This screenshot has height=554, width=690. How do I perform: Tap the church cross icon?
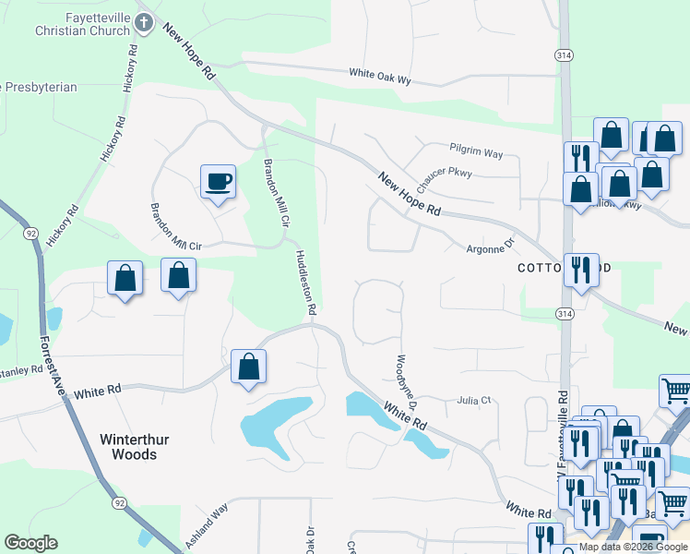pos(144,20)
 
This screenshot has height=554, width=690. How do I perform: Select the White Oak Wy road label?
pos(379,76)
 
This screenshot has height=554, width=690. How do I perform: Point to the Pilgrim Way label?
pos(476,148)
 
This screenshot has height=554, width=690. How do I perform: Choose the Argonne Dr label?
pos(488,247)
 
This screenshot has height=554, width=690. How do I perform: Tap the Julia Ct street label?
pos(475,401)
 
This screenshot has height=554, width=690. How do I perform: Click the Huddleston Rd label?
pos(306,281)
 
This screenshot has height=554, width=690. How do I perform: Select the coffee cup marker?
pos(218,181)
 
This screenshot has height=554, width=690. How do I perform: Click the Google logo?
pos(30,543)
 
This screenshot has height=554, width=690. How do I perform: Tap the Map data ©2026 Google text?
pos(633,547)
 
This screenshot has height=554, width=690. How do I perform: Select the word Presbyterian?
pos(39,87)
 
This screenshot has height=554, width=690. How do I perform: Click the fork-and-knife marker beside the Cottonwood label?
pos(580,270)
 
